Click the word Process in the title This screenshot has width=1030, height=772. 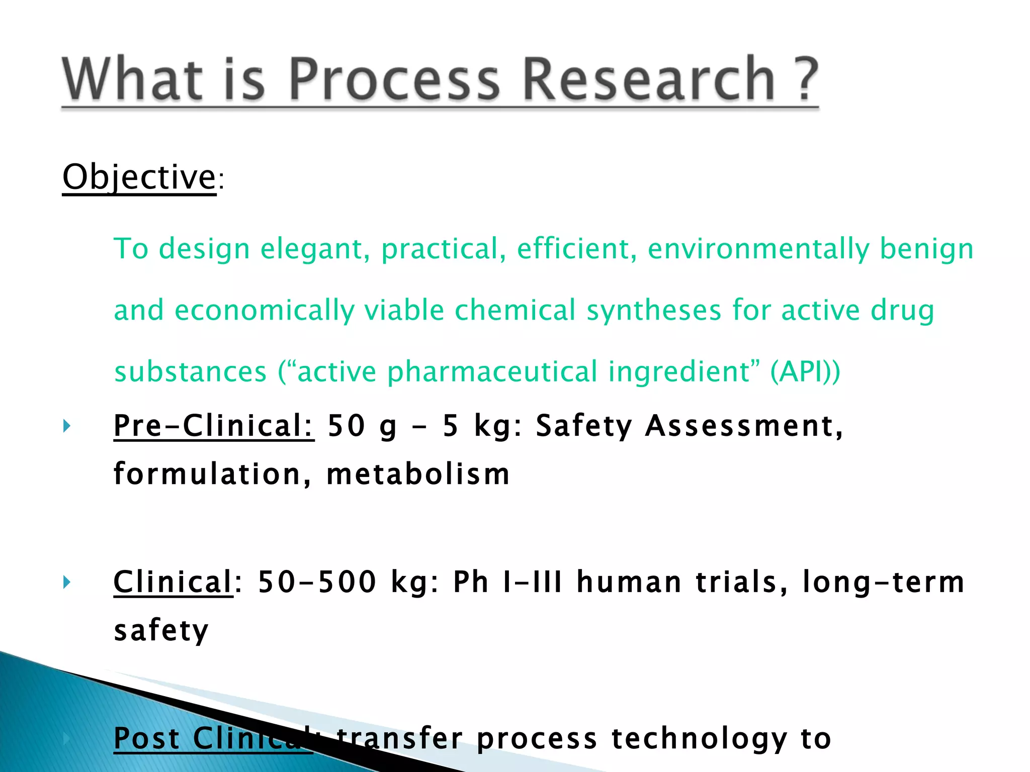point(394,79)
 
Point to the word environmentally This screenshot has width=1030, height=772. point(758,249)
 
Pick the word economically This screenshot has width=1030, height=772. point(264,310)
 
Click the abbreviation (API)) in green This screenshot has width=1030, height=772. point(805,371)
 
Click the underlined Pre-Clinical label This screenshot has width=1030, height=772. point(214,426)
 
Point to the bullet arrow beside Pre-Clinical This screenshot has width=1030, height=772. point(67,427)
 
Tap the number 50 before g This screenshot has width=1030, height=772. point(346,426)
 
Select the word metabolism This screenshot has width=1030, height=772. point(418,474)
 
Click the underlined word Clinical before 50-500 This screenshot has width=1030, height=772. point(173,582)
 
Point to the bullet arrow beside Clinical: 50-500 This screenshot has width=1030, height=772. point(67,583)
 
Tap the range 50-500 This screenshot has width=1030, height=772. point(317,582)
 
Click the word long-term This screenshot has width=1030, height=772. point(883,582)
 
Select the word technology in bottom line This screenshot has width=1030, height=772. point(699,739)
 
